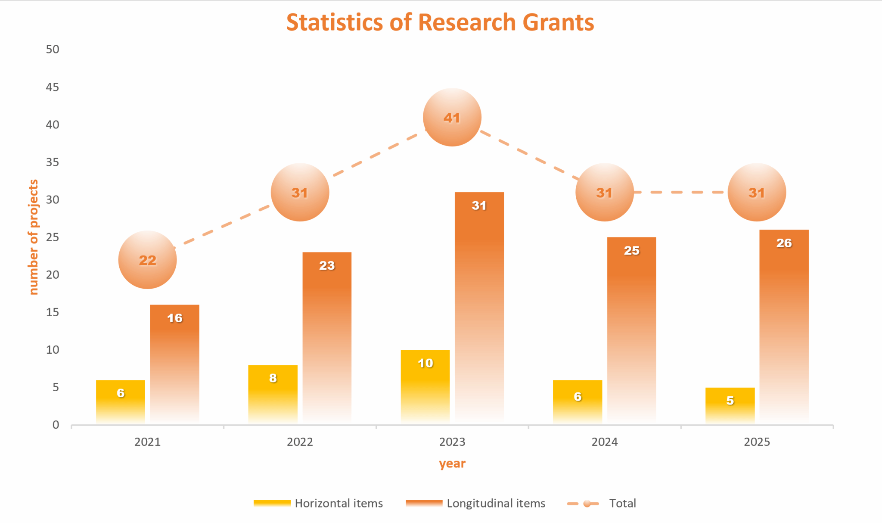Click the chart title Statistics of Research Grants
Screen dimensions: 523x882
coord(440,22)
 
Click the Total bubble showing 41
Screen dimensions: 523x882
coord(452,118)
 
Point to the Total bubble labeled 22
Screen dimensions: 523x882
coord(147,260)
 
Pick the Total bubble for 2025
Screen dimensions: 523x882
coord(757,193)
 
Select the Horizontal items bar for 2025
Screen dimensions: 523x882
coord(730,405)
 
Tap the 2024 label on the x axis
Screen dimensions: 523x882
coord(604,442)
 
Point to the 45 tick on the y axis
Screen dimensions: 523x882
coord(53,87)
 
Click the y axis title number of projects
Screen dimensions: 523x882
coord(33,237)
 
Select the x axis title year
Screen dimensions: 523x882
coord(452,464)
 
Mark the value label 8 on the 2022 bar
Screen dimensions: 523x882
coord(273,378)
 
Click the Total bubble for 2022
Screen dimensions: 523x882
coord(300,193)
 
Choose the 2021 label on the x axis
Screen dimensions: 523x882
coord(147,442)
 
